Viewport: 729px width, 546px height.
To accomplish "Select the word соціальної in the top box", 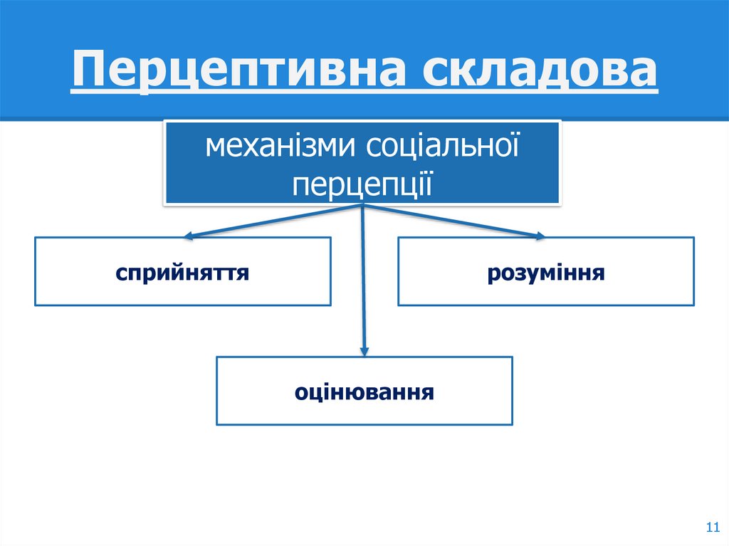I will coord(441,147).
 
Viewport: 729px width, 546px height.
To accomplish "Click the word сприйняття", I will coord(183,272).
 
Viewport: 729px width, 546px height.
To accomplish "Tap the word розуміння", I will coord(546,272).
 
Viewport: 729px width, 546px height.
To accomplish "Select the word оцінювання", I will coord(364,392).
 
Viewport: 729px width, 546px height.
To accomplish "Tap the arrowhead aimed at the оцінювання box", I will coord(364,350).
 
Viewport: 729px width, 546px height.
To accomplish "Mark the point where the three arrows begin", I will coord(364,206).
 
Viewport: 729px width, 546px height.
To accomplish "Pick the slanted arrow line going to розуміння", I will coord(452,221).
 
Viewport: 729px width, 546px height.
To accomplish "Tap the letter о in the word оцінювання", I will coord(300,392).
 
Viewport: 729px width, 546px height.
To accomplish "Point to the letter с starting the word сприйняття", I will coord(122,273).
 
